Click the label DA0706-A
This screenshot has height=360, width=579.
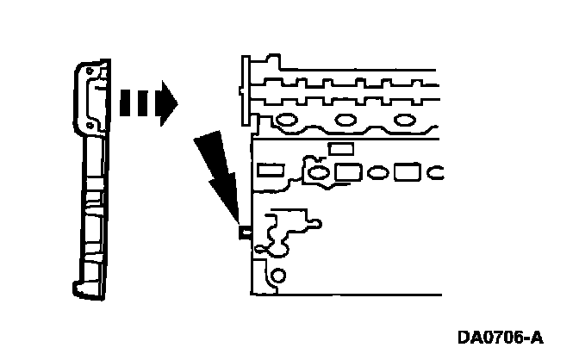(500, 336)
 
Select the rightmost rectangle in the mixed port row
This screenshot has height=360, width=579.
(407, 172)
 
